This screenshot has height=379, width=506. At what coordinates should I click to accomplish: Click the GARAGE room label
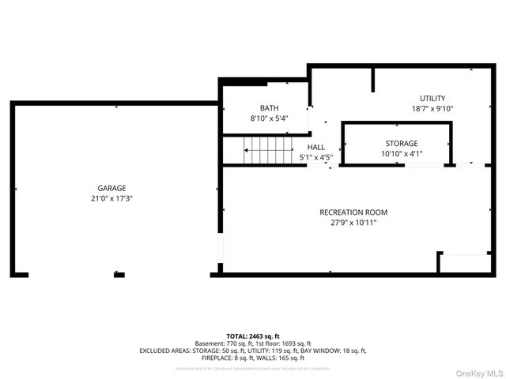(111, 188)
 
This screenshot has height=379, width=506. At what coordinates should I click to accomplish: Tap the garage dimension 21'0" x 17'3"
(111, 198)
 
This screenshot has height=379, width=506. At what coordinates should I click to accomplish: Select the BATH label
(269, 108)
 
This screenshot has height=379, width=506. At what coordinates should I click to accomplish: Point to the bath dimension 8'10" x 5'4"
(269, 118)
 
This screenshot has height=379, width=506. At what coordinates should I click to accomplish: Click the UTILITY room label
(432, 98)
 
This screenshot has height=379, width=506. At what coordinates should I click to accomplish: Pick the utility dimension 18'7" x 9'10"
(432, 109)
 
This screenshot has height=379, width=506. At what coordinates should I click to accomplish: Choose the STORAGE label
(402, 143)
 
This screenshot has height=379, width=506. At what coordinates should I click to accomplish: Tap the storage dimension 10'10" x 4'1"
(402, 154)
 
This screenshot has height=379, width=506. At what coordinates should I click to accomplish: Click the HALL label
(316, 147)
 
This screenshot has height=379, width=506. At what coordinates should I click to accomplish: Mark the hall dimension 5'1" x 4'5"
(316, 157)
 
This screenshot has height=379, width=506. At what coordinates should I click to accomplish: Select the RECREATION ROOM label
(353, 212)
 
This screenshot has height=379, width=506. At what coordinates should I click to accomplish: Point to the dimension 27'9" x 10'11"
(353, 223)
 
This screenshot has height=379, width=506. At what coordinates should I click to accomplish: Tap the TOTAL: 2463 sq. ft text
(252, 336)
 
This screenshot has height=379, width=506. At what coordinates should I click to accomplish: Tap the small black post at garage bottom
(119, 275)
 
